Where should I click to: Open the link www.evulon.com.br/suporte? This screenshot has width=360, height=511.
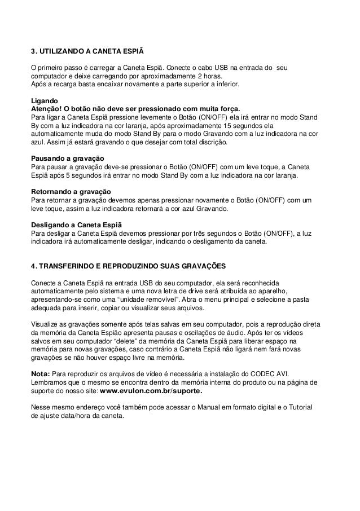pyautogui.click(x=150, y=391)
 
